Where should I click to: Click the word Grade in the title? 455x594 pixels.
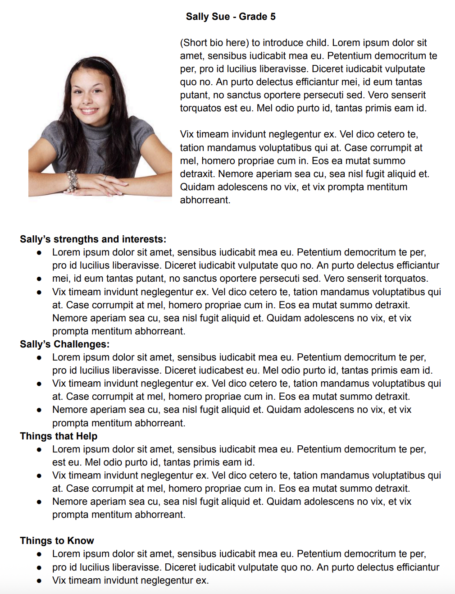coord(253,17)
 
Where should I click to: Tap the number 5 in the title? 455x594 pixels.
coord(273,17)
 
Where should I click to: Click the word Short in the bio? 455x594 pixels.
coord(196,43)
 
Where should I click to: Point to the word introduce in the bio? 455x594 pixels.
coord(283,43)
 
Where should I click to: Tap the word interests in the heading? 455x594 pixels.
coord(144,239)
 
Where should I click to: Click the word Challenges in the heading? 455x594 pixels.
coord(81,344)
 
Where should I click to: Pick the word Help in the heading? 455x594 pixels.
coord(86,436)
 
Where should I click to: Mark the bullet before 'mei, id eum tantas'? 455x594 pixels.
coord(40,279)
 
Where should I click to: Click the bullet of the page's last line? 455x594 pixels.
coord(40,581)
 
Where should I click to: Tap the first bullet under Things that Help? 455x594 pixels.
coord(40,449)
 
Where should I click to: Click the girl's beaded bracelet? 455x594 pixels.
coord(72,180)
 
